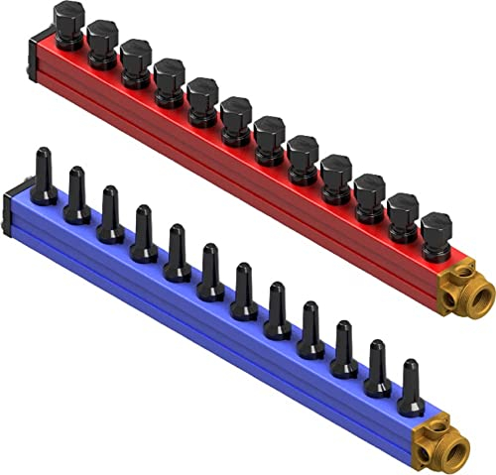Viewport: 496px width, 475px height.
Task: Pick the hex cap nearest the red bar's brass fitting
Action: [x=435, y=235]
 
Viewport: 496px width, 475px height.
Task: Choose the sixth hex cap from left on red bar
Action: [x=235, y=117]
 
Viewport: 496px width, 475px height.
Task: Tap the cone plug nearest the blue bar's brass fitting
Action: [x=410, y=392]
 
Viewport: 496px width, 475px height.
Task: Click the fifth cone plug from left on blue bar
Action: [x=178, y=255]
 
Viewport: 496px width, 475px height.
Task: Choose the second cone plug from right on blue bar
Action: [x=377, y=372]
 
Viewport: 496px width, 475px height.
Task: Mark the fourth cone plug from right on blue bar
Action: [x=310, y=332]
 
